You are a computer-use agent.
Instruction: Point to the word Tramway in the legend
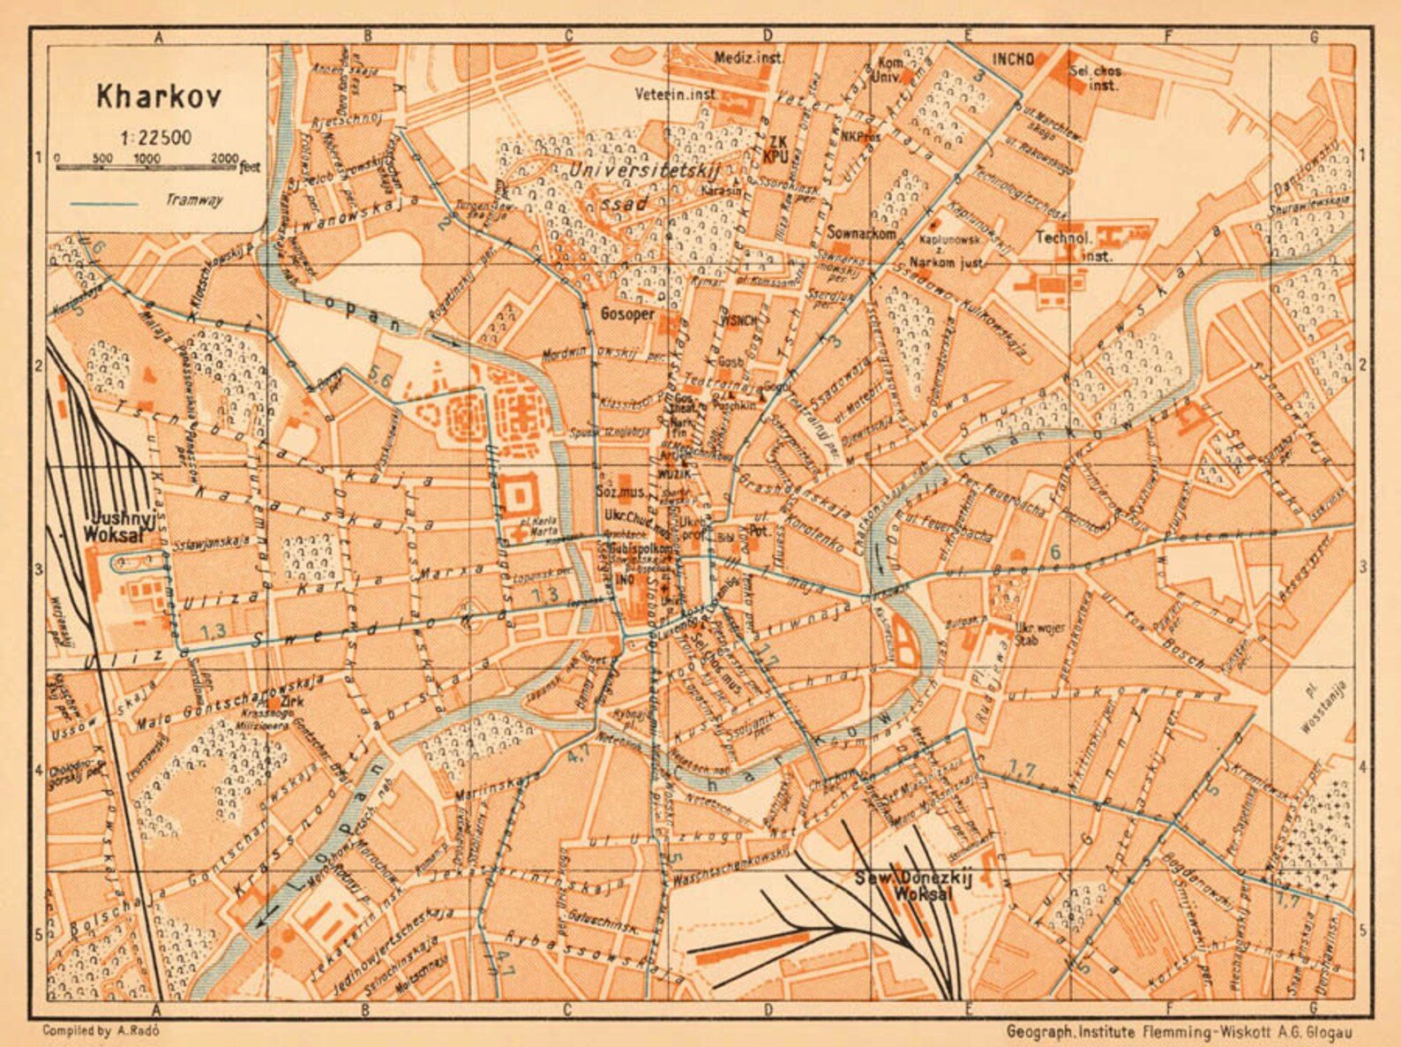(194, 200)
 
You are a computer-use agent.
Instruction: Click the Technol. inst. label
(1065, 245)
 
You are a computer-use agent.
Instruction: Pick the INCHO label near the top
(1013, 59)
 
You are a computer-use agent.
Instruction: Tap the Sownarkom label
(862, 233)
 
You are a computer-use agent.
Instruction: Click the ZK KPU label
(776, 147)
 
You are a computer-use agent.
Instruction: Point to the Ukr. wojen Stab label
(1033, 635)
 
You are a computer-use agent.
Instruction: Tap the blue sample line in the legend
(103, 204)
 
